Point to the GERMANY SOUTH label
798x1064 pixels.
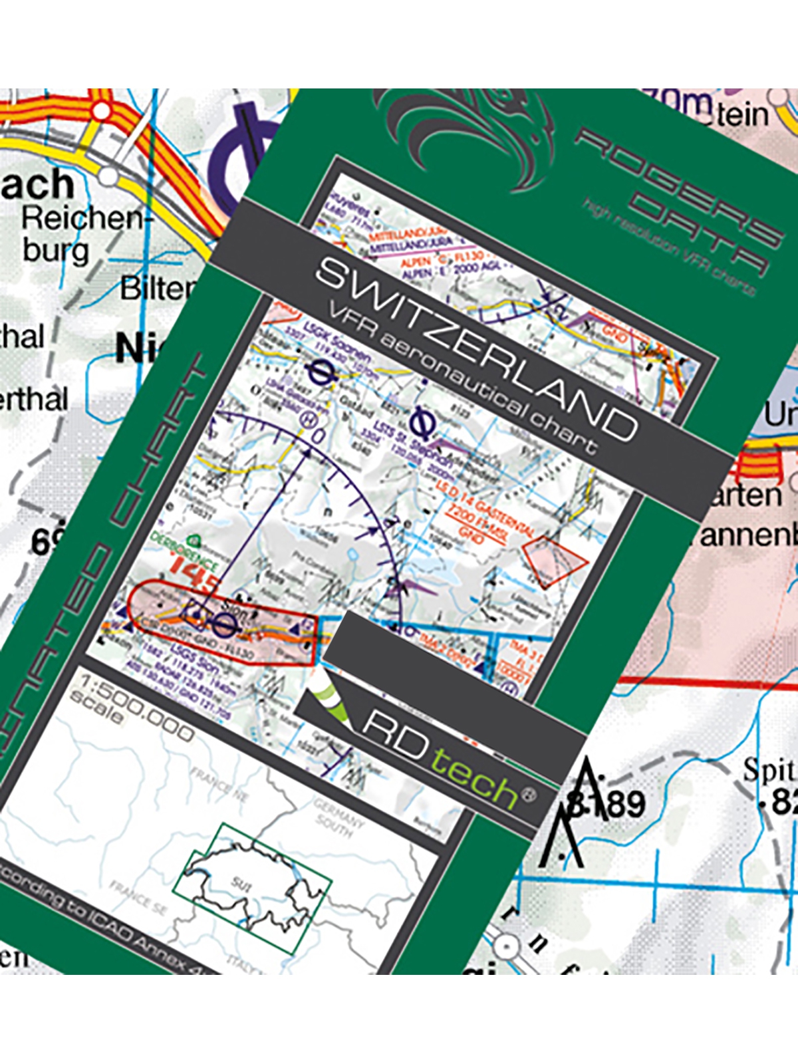pyautogui.click(x=339, y=815)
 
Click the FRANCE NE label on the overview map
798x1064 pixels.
pyautogui.click(x=219, y=785)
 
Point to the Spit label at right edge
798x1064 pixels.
pyautogui.click(x=768, y=770)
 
